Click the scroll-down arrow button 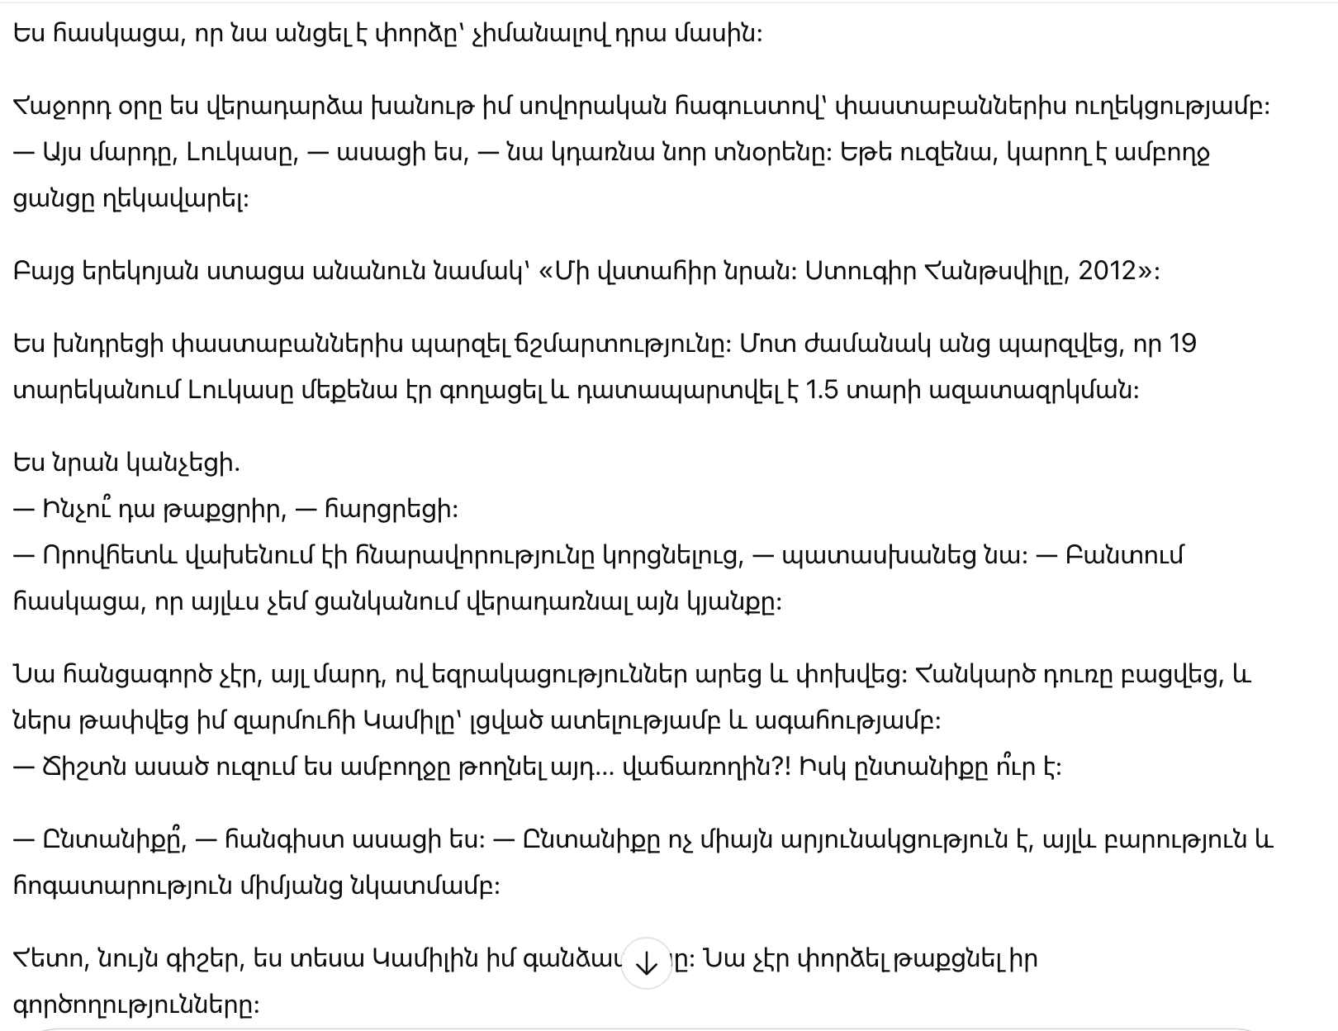pos(646,962)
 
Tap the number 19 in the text pos(1182,344)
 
